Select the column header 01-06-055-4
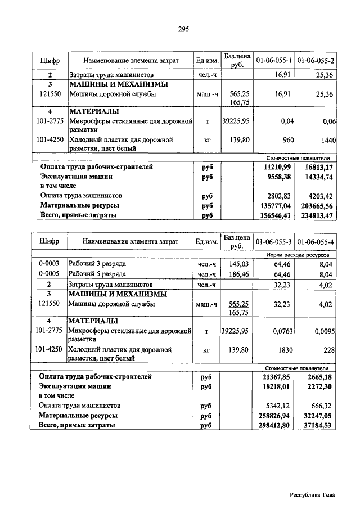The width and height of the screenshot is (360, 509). (316, 242)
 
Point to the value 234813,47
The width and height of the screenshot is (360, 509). (317, 215)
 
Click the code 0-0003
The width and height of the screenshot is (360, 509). (49, 264)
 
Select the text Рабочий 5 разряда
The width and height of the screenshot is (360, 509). (97, 274)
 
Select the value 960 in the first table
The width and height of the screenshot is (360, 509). (287, 140)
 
